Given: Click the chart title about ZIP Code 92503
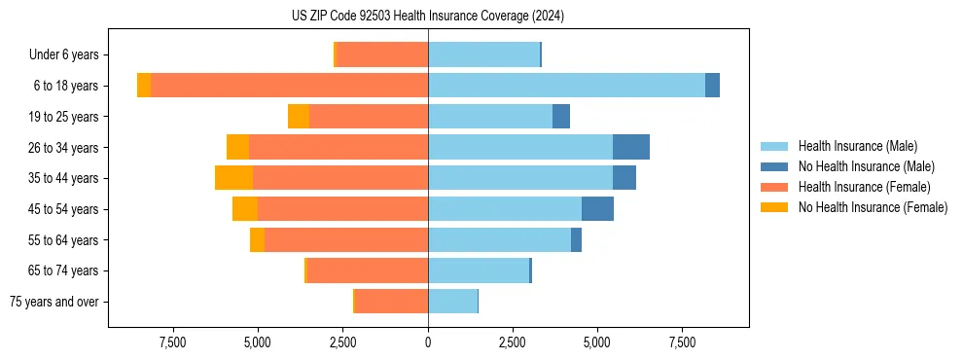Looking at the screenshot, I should click(x=428, y=17).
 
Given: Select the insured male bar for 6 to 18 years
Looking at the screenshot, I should click(x=566, y=86).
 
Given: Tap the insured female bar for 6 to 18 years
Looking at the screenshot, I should click(x=290, y=86).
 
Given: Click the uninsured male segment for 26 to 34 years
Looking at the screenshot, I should click(x=630, y=147).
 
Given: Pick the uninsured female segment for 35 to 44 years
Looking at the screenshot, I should click(x=234, y=178).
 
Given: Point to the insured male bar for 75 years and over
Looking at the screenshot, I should click(x=452, y=302).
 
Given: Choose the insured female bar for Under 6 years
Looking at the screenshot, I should click(x=382, y=54).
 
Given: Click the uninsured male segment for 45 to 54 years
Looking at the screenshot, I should click(x=597, y=209).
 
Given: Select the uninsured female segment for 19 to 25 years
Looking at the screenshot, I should click(x=299, y=117).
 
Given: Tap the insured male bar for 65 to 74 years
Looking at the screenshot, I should click(x=479, y=270).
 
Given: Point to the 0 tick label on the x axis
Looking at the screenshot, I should click(x=428, y=342).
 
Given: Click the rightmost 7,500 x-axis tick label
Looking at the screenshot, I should click(x=682, y=342).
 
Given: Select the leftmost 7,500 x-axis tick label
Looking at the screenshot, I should click(x=172, y=342).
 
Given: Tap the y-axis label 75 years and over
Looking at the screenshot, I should click(x=53, y=302).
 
